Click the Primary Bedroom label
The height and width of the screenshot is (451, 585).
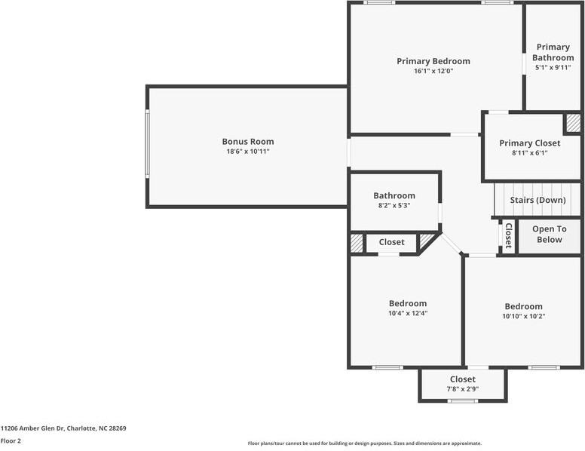(433, 61)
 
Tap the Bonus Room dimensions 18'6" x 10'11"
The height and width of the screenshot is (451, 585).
(248, 152)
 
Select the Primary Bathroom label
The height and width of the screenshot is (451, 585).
(553, 52)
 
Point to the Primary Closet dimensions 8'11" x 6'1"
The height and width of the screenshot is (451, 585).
(530, 153)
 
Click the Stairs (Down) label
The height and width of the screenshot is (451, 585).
(538, 200)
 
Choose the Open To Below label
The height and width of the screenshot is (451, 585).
(549, 235)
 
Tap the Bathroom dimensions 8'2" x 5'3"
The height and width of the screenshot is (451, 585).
(394, 205)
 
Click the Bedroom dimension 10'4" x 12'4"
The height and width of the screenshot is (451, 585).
(408, 314)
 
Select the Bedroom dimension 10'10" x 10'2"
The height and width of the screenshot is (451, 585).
(523, 317)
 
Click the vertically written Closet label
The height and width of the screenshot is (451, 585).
(508, 236)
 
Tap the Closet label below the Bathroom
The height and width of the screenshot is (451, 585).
(391, 242)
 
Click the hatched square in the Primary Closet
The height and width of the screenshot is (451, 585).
(574, 123)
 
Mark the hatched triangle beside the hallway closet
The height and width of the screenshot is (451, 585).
(428, 241)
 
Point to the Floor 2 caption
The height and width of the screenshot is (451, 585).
(11, 441)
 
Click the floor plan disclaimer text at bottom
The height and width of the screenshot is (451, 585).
(365, 443)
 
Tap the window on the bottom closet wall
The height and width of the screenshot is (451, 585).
(463, 400)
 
